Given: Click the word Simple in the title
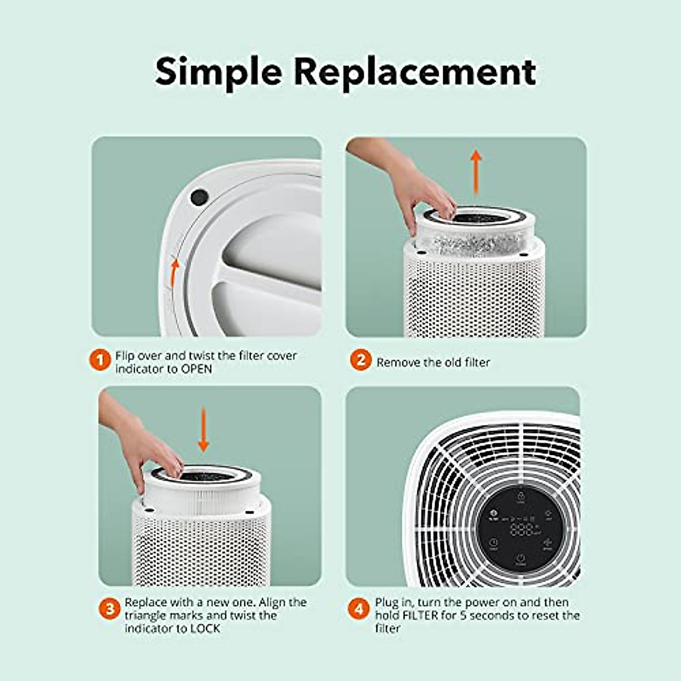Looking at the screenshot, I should (x=218, y=72).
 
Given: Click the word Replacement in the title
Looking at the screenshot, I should (x=414, y=72).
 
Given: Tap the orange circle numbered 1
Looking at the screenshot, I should (x=100, y=360).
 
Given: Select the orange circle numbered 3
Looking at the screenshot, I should (x=110, y=609).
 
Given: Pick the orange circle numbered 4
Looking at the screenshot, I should (x=359, y=609).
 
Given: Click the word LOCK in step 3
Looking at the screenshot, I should (x=204, y=628).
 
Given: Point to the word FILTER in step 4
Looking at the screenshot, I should (x=421, y=615).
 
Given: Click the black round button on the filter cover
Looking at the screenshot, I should (x=199, y=197).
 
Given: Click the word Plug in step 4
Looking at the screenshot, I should (x=386, y=602).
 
